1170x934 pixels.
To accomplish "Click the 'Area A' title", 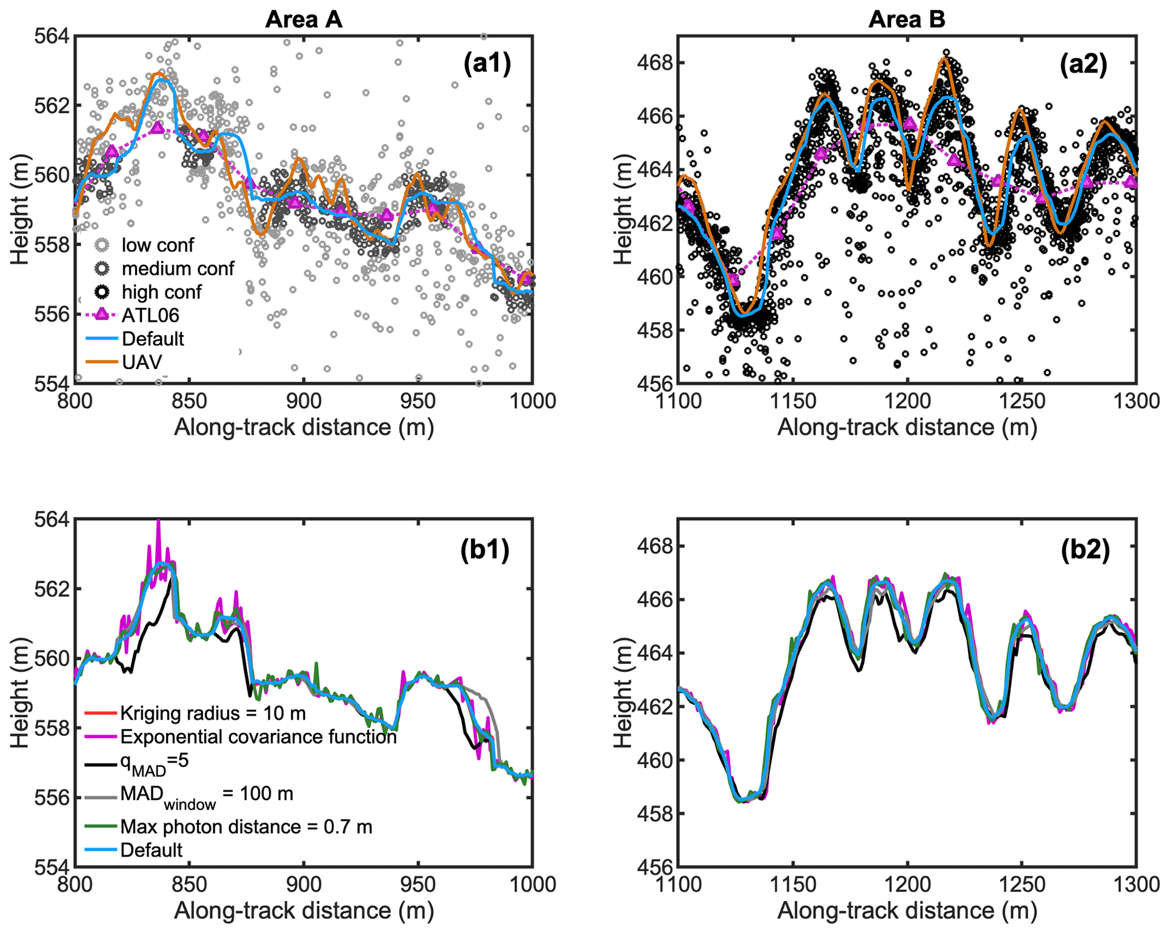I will (303, 20).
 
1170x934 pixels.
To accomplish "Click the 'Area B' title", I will (907, 20).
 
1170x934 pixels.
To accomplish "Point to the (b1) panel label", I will (485, 550).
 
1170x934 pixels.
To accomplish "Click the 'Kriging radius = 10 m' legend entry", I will (213, 713).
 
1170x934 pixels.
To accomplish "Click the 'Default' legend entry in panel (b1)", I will (151, 850).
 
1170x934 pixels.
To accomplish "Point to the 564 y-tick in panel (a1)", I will (52, 36).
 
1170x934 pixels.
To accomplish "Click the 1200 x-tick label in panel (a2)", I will (907, 401).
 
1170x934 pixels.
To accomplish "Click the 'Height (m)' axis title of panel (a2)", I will (623, 209).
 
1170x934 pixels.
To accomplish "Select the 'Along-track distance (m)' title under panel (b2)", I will (907, 911).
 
